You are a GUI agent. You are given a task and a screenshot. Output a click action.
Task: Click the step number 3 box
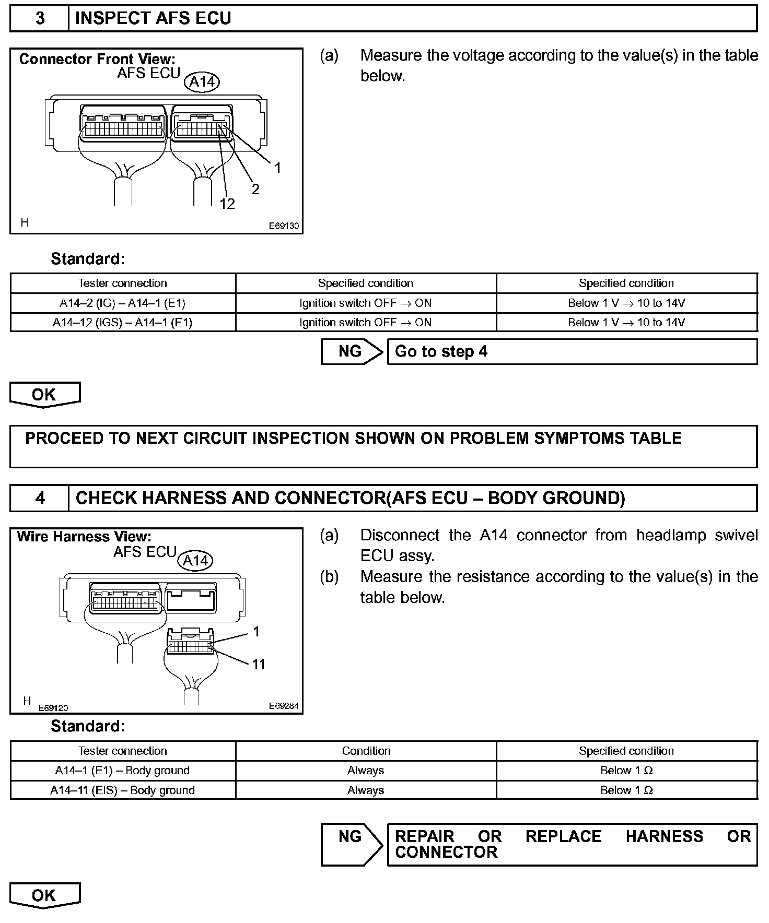(40, 19)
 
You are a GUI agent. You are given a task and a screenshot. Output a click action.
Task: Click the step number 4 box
(40, 498)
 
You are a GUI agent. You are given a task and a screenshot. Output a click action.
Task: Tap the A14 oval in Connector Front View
(202, 82)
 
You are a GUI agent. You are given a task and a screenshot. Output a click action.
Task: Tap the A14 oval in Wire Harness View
(195, 561)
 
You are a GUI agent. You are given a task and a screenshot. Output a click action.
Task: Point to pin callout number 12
(227, 204)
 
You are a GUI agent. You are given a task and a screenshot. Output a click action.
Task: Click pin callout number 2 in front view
(255, 189)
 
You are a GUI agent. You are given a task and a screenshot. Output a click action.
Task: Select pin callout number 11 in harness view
(259, 664)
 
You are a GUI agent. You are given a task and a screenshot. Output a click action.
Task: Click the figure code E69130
(284, 226)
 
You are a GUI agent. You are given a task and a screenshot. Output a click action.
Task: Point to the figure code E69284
(284, 706)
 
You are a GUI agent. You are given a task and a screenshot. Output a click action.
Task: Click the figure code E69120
(53, 708)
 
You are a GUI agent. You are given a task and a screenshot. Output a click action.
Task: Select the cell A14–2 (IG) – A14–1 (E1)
(123, 303)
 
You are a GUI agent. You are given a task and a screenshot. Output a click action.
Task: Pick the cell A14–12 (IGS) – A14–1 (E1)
(123, 323)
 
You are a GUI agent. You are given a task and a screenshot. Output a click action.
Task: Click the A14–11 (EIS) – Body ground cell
(123, 790)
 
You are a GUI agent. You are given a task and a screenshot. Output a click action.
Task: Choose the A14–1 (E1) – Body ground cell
(123, 771)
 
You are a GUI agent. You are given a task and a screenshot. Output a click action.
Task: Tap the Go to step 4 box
(572, 352)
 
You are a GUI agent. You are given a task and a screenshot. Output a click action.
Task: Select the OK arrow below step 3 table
(44, 395)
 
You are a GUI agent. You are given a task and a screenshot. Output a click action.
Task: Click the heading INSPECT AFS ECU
(153, 19)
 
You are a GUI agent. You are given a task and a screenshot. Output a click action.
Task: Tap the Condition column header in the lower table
(366, 751)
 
